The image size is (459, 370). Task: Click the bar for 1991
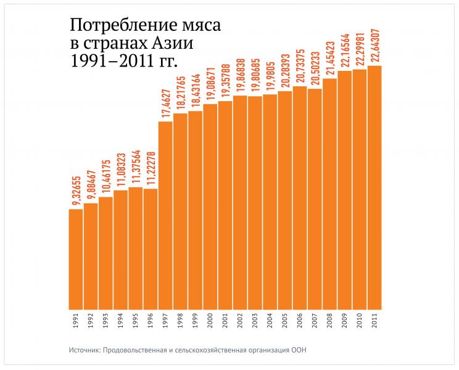[75, 259]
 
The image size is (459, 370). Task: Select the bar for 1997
[165, 215]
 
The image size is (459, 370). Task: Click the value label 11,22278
[151, 167]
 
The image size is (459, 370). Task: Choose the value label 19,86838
[240, 74]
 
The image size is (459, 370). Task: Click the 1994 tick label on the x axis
[120, 323]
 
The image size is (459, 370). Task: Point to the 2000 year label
[210, 323]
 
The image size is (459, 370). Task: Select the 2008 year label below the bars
[329, 323]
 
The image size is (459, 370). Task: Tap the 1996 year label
[151, 323]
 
